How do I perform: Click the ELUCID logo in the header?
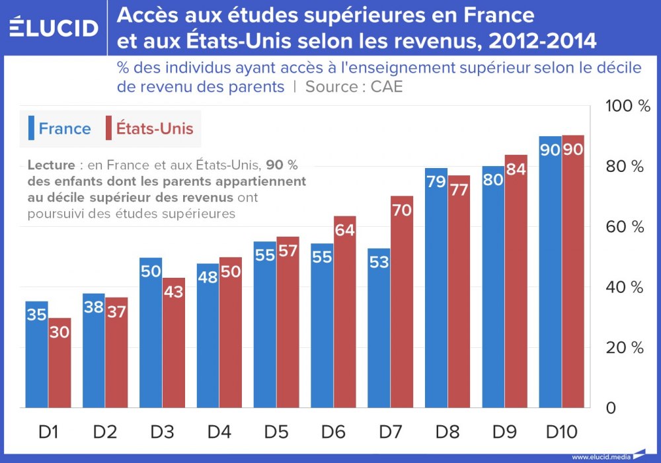click(x=54, y=28)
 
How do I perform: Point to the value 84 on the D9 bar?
click(x=517, y=169)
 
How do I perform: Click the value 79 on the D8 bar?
click(x=436, y=181)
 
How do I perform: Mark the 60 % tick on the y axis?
click(x=625, y=227)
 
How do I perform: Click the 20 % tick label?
click(x=625, y=348)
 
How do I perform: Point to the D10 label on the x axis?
click(x=561, y=433)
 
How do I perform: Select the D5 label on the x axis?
click(x=276, y=433)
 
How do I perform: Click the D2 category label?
click(x=104, y=433)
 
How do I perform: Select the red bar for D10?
click(x=573, y=271)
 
